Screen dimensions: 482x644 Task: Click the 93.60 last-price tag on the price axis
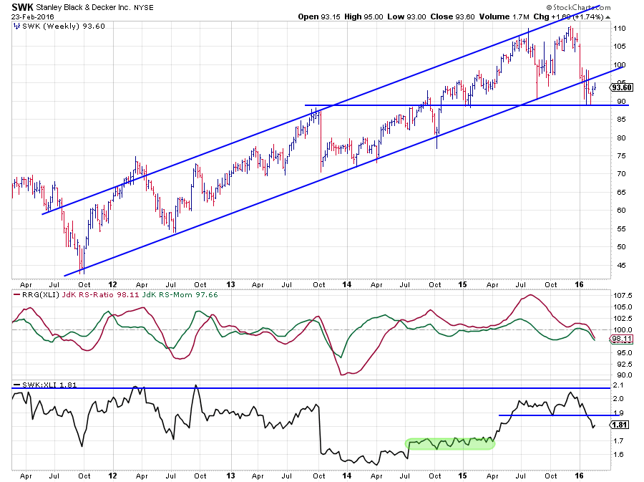coord(621,87)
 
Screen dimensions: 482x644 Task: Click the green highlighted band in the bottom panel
coord(450,443)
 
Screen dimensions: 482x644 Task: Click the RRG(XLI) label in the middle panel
coord(32,294)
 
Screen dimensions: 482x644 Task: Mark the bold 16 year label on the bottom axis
coord(580,475)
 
